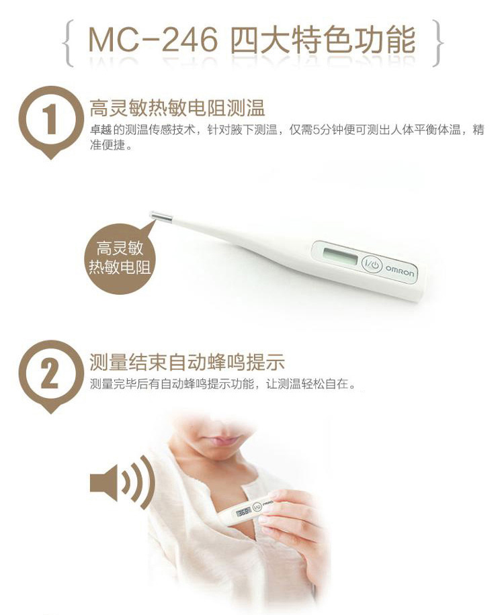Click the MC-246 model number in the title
coord(153,40)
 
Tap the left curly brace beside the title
coord(68,44)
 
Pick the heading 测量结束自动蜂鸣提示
coord(187,362)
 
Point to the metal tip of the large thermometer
coord(161,216)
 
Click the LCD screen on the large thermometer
coord(339,256)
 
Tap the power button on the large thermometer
coord(372,265)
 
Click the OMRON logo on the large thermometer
coord(399,271)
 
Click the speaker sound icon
coord(122,482)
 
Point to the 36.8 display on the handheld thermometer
coord(243,512)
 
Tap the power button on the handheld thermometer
coord(257,506)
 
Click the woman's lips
coord(215,441)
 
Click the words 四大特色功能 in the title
coord(323,40)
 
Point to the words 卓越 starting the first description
coord(101,130)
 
